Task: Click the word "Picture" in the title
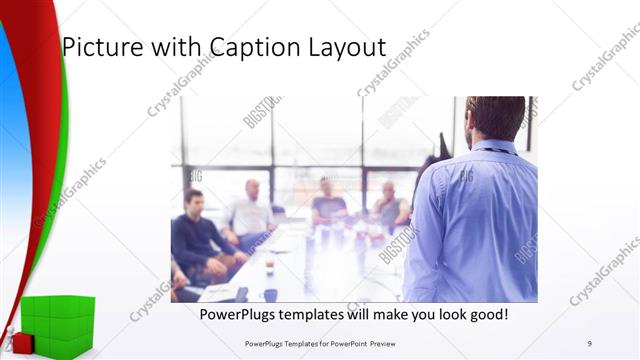(97, 48)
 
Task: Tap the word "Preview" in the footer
(391, 343)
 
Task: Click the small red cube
(22, 343)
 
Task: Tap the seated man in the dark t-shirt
(328, 203)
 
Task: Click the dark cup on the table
(271, 295)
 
